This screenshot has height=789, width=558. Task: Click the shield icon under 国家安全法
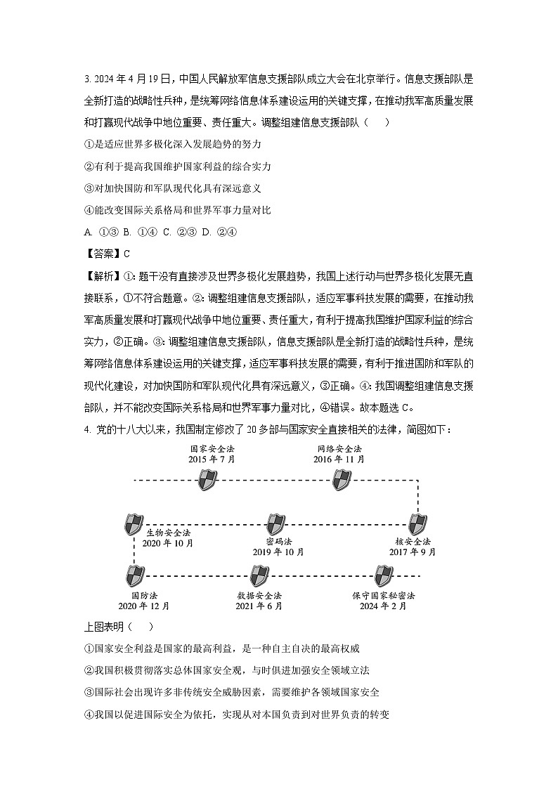coord(207,481)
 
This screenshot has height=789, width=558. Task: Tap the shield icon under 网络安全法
coord(341,481)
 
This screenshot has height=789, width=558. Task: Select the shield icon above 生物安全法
coord(134,524)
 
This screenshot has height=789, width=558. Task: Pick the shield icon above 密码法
coord(276,524)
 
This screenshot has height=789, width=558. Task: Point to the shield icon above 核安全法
coord(417,524)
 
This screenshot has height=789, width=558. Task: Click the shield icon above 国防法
coord(134,576)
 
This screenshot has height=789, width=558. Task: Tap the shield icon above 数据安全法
coord(259,576)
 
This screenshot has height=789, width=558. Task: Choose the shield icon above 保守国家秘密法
coord(383,576)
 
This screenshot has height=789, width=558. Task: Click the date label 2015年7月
coord(212,459)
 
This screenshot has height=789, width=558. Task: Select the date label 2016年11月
coord(339,459)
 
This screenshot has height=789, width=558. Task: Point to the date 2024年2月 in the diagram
coord(383,606)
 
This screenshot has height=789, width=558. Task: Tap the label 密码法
coord(279,541)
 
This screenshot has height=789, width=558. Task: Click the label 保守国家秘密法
coord(384,594)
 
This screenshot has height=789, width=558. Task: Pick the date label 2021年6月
coord(259,606)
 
